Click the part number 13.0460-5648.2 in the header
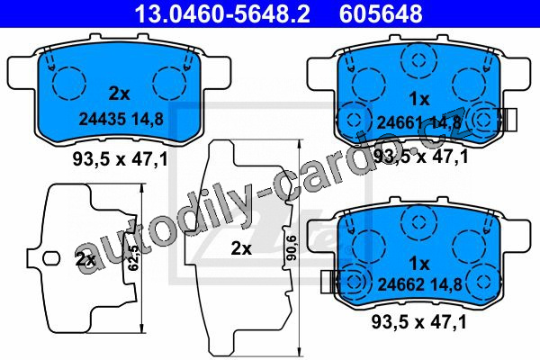tap(222, 13)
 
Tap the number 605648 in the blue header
tap(381, 13)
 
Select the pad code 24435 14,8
tap(121, 119)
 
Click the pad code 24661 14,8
tap(418, 122)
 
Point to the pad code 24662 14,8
tap(419, 284)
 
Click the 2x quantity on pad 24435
tap(119, 94)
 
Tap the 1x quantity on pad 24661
tap(419, 99)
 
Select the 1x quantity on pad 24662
tap(419, 264)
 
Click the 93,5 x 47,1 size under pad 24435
tap(121, 159)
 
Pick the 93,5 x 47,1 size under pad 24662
tap(418, 322)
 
